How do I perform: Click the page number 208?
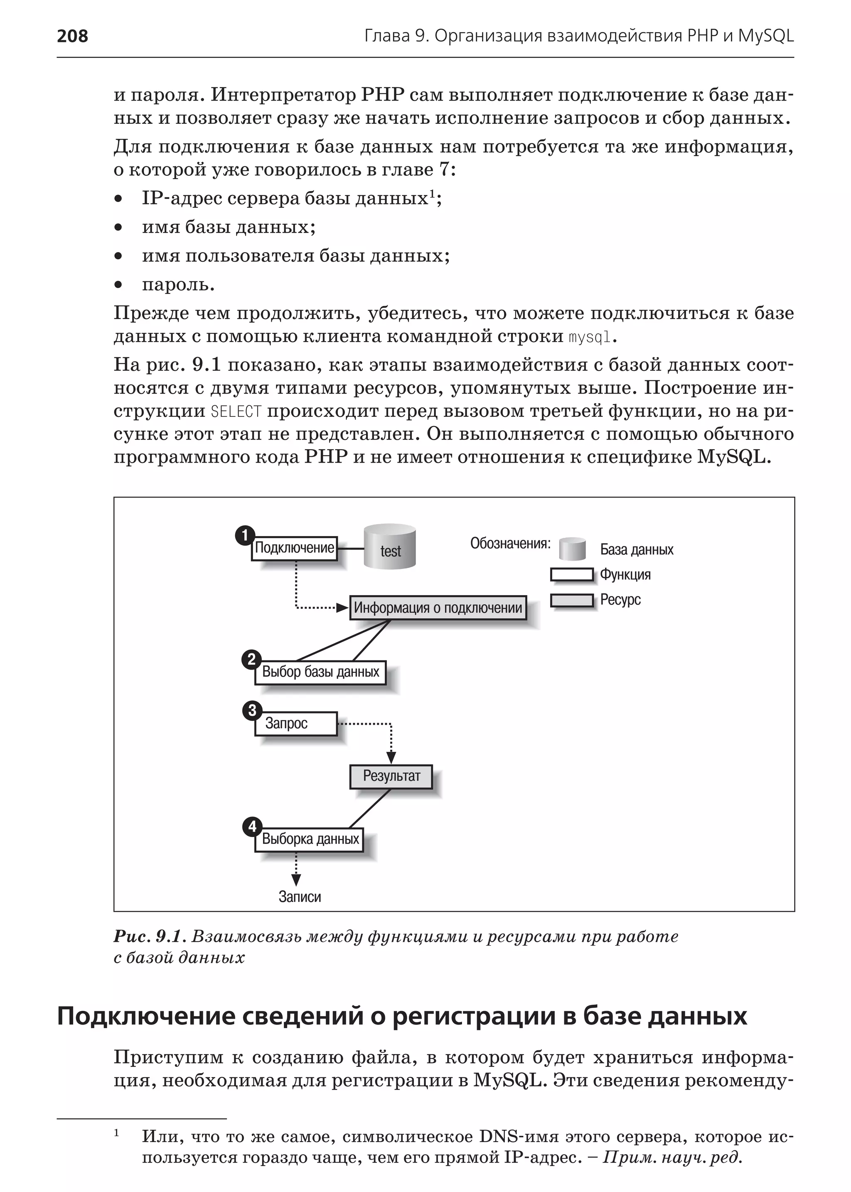click(72, 36)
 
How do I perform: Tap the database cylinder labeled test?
click(390, 546)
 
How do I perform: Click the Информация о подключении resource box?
click(438, 608)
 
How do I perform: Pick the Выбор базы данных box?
click(320, 672)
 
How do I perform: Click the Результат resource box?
click(391, 776)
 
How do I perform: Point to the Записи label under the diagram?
click(299, 897)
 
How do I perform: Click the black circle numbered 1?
click(244, 536)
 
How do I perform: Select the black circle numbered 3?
click(252, 711)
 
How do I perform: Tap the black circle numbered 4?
click(252, 827)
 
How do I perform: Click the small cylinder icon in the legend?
click(572, 549)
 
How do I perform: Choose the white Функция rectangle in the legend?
click(572, 574)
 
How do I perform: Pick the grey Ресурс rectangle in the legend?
click(572, 600)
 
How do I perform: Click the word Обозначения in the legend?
click(510, 544)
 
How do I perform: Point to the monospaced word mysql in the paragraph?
click(590, 337)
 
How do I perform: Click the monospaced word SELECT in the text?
click(236, 412)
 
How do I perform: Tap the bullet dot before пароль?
click(118, 285)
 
